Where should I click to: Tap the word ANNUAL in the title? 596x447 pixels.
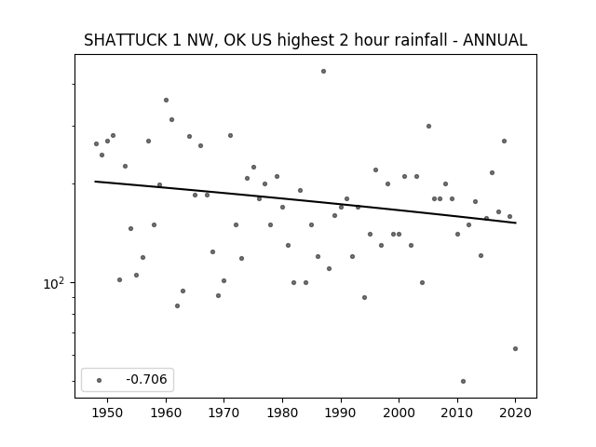coord(494,40)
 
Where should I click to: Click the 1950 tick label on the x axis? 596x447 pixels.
coord(108,413)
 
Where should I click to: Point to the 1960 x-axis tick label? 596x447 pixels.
coord(166,413)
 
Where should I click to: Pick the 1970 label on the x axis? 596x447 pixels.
coord(223,413)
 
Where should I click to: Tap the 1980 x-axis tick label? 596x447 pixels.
coord(282,413)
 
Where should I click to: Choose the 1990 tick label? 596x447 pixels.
coord(341,413)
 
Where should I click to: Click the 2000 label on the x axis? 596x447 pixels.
coord(399,413)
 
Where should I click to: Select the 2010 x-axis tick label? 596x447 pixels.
coord(457,413)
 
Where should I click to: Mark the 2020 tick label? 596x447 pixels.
coord(515,413)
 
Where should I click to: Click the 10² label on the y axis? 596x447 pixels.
coord(53,283)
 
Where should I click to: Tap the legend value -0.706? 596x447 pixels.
coord(146,379)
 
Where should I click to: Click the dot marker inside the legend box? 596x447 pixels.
coord(100,380)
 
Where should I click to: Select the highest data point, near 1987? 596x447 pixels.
coord(323,71)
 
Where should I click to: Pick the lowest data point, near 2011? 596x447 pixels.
coord(463,381)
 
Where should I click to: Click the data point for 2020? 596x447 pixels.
coord(515,348)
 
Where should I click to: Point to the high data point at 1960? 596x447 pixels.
coord(166,100)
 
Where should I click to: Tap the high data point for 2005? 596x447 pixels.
coord(428,127)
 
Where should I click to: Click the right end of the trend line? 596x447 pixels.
coord(516,223)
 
